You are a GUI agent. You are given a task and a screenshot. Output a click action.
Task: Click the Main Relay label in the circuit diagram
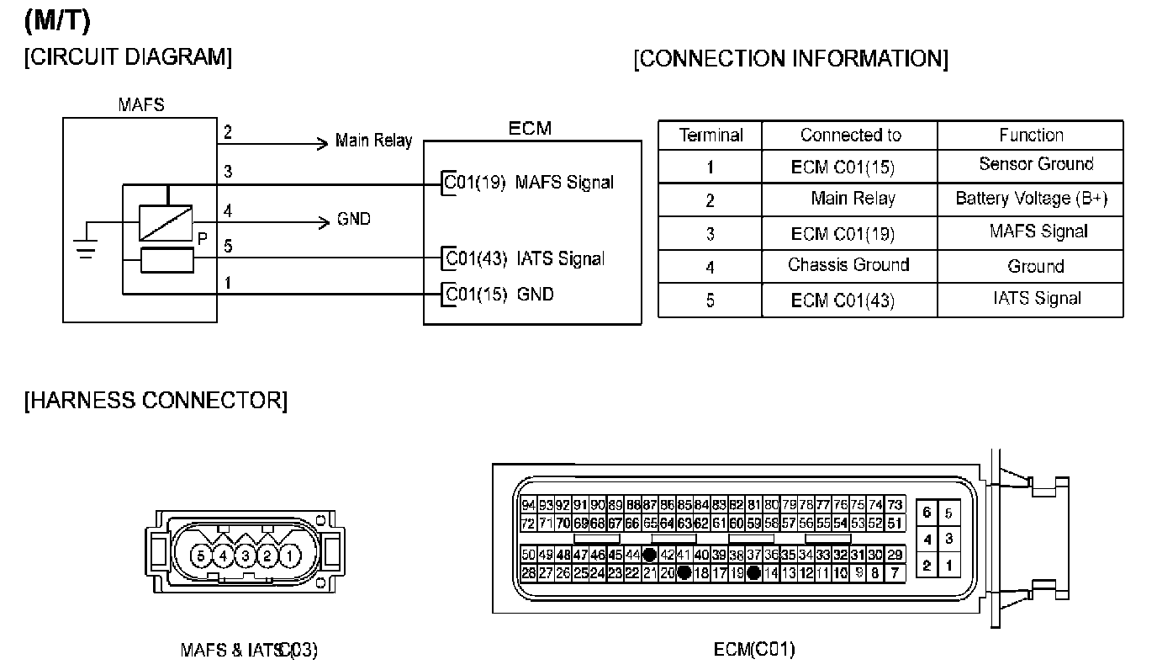[373, 141]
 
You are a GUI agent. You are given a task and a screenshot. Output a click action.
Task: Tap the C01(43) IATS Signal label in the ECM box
[525, 258]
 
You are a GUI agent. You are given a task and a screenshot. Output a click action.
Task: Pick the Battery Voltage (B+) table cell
[1031, 199]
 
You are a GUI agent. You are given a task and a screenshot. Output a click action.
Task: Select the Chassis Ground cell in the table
[848, 265]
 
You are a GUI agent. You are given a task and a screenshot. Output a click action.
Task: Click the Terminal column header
[711, 135]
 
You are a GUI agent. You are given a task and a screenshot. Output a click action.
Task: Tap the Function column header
[1031, 135]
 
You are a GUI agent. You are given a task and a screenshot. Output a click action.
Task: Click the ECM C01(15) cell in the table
[843, 167]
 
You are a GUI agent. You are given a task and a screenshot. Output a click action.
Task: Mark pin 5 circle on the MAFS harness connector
[200, 556]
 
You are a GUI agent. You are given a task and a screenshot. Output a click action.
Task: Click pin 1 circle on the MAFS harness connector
[288, 556]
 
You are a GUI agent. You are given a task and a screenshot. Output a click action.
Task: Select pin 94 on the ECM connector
[528, 506]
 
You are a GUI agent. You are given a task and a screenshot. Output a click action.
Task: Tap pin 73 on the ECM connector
[895, 506]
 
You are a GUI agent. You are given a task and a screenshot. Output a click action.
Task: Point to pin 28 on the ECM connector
[528, 573]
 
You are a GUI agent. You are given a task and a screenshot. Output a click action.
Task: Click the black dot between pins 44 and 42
[649, 555]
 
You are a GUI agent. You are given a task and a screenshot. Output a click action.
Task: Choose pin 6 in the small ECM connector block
[927, 513]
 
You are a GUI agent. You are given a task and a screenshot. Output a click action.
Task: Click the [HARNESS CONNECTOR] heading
[156, 401]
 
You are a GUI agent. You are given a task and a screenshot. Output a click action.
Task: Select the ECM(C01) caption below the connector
[754, 649]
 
